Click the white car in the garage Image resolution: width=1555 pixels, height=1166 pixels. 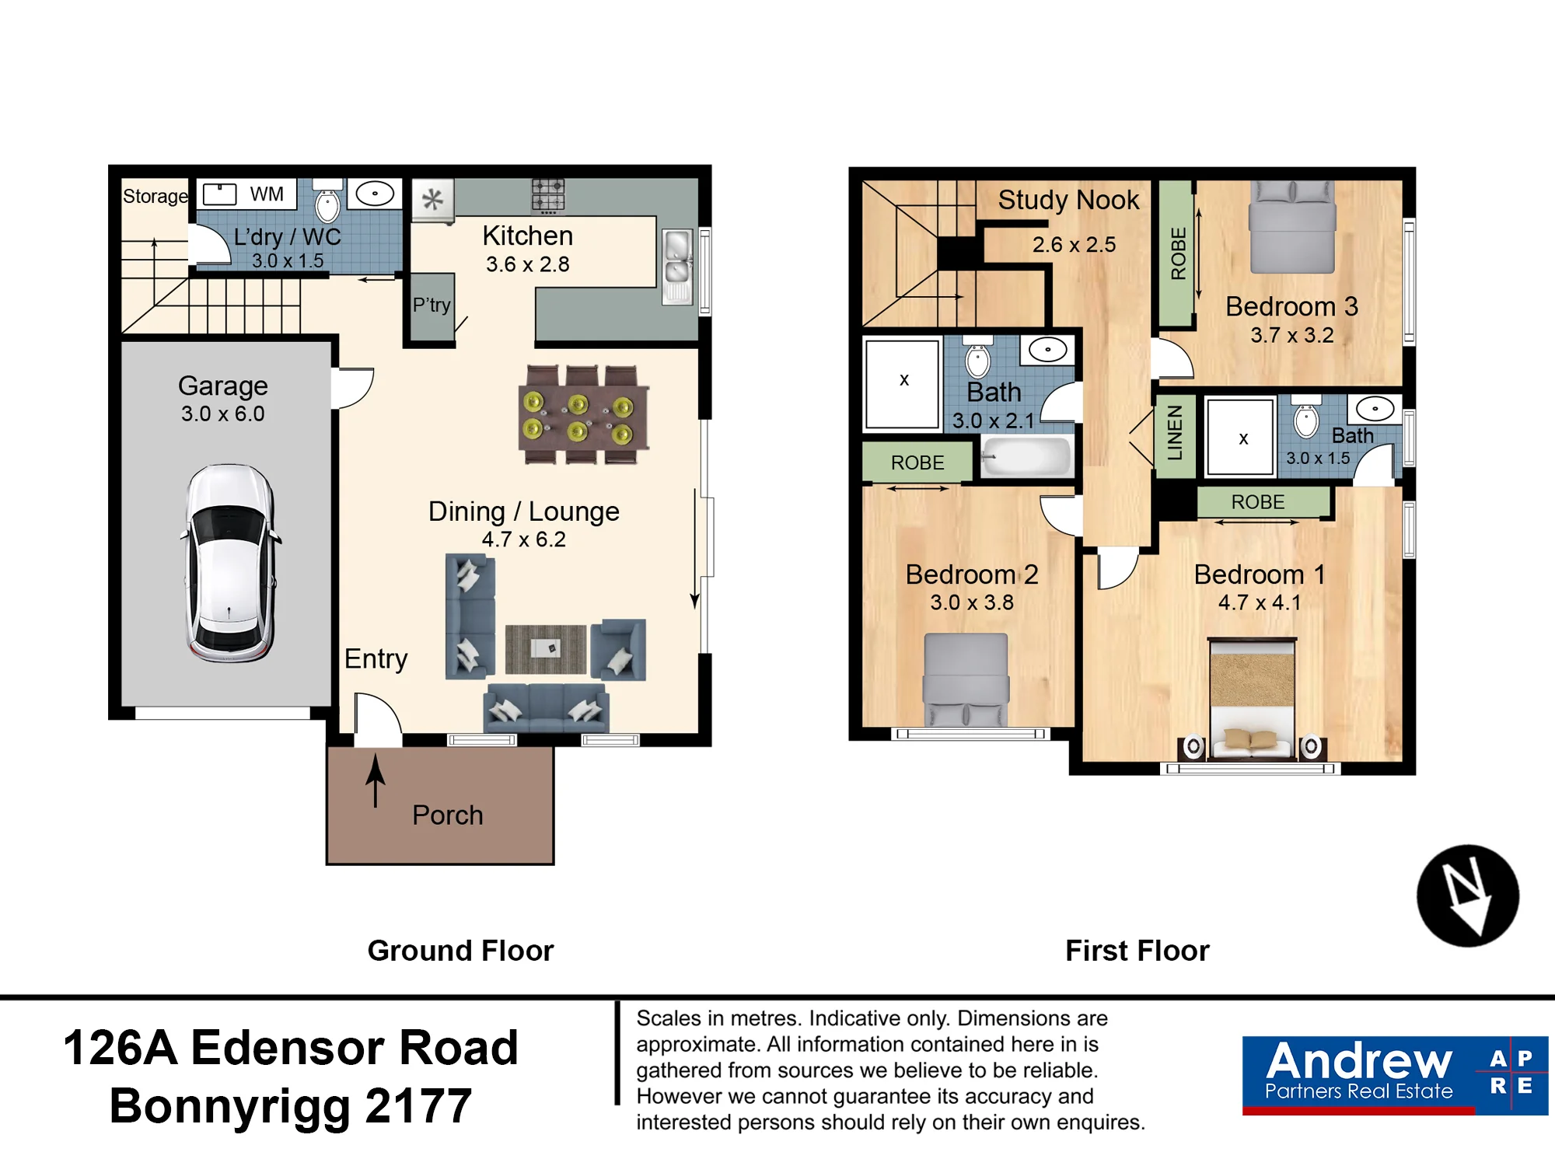click(x=230, y=563)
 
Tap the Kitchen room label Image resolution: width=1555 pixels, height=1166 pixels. click(x=527, y=236)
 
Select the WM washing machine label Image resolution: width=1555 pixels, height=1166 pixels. click(x=267, y=194)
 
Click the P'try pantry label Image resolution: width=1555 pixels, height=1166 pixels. click(x=432, y=305)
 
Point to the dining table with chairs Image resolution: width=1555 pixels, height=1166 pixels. click(x=584, y=414)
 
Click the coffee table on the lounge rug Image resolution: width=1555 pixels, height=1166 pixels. click(x=546, y=648)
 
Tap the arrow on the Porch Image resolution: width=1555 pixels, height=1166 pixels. click(x=376, y=780)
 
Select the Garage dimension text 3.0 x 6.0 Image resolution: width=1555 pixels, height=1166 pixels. click(x=223, y=414)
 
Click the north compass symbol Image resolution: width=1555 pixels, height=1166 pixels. click(x=1467, y=895)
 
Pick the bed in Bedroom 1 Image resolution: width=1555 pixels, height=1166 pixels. click(x=1252, y=699)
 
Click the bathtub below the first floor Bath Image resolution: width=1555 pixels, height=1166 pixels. click(x=1026, y=456)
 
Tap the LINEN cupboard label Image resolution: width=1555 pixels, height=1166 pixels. click(x=1175, y=433)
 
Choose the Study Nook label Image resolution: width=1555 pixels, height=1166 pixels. click(x=1068, y=200)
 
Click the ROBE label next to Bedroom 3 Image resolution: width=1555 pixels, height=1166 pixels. click(x=1178, y=253)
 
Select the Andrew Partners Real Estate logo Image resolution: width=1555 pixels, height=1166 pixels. click(x=1395, y=1076)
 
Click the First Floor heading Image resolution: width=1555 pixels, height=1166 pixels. click(x=1137, y=951)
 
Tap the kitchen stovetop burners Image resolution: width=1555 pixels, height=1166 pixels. click(x=548, y=195)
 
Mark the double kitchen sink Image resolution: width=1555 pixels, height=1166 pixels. click(x=677, y=266)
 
